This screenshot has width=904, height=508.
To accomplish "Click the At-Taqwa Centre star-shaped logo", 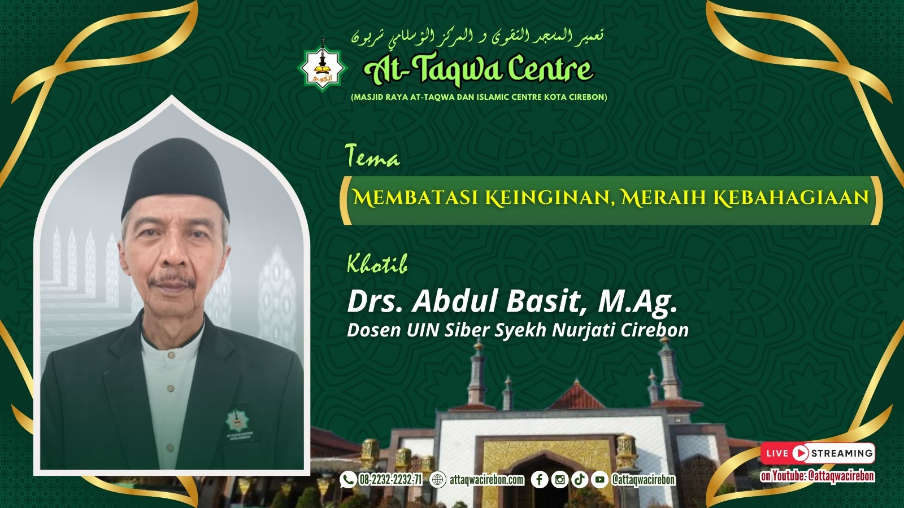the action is tap(322, 68).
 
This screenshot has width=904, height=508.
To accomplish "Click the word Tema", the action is tap(372, 156).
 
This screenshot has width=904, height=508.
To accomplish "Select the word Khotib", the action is tap(377, 264).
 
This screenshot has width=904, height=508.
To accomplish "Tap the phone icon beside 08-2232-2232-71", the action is tap(347, 479).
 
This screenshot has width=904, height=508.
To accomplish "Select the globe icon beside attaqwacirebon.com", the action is tap(438, 479).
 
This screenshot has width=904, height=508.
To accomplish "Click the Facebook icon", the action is tap(539, 479).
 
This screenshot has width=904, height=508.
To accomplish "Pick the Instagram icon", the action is tap(559, 479).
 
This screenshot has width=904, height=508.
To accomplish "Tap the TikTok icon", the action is tap(580, 479).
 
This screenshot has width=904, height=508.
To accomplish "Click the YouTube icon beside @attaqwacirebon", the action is tap(599, 479).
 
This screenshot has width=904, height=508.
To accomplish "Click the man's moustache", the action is tap(172, 279).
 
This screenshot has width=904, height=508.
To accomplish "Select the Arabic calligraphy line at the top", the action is tap(477, 37).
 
